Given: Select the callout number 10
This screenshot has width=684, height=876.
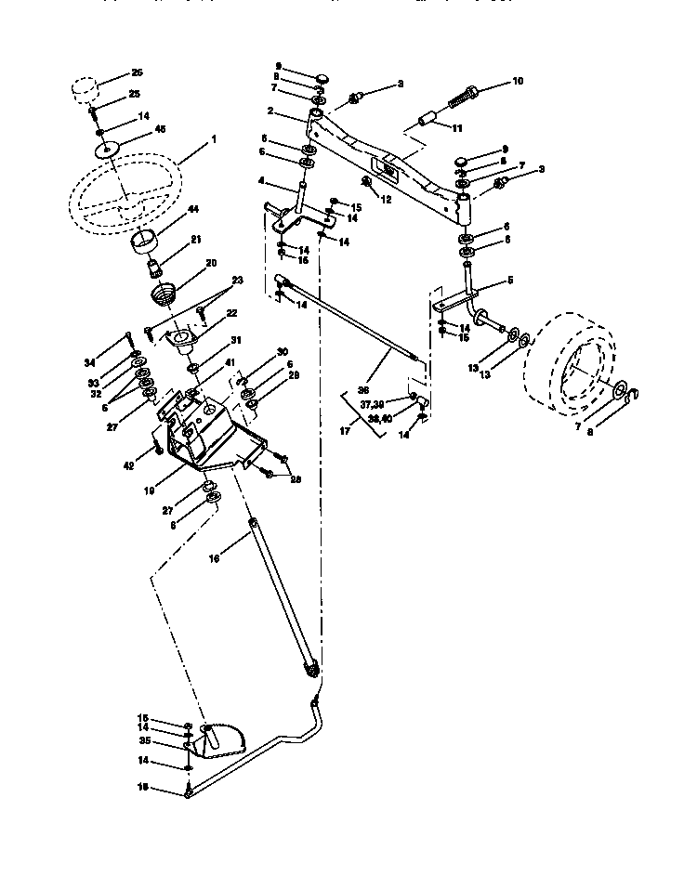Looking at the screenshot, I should click(x=518, y=82).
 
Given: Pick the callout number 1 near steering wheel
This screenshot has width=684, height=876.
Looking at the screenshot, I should click(x=213, y=138).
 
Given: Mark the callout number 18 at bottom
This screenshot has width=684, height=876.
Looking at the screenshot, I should click(x=144, y=788).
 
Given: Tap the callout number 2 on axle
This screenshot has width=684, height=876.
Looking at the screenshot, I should click(x=269, y=110).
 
